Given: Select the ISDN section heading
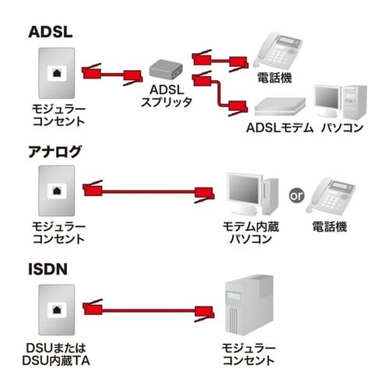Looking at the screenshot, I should (47, 270).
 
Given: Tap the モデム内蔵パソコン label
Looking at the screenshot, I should (251, 233).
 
